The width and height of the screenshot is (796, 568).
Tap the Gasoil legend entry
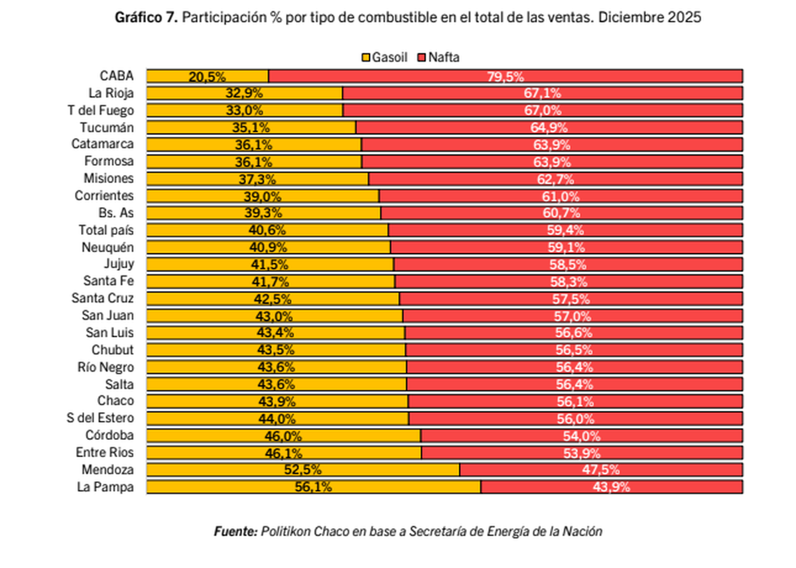click(385, 58)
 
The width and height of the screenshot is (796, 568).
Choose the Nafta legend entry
click(438, 58)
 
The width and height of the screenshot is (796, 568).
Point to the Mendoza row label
click(107, 470)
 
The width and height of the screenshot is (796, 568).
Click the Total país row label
click(106, 230)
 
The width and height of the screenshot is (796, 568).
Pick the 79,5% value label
click(505, 77)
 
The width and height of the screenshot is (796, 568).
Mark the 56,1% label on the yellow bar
click(313, 487)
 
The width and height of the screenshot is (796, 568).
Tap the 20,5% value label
click(207, 77)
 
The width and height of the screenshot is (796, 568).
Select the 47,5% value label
click(600, 470)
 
